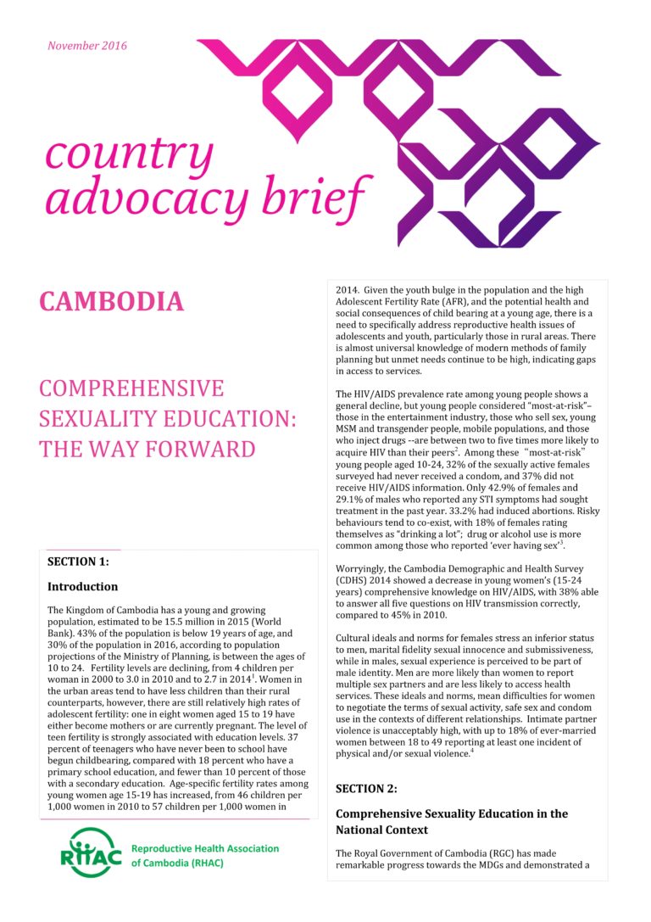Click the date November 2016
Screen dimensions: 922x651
click(87, 46)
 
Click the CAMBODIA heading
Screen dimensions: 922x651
click(111, 302)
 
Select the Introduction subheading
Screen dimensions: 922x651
click(82, 586)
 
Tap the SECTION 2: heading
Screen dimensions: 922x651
click(366, 789)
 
